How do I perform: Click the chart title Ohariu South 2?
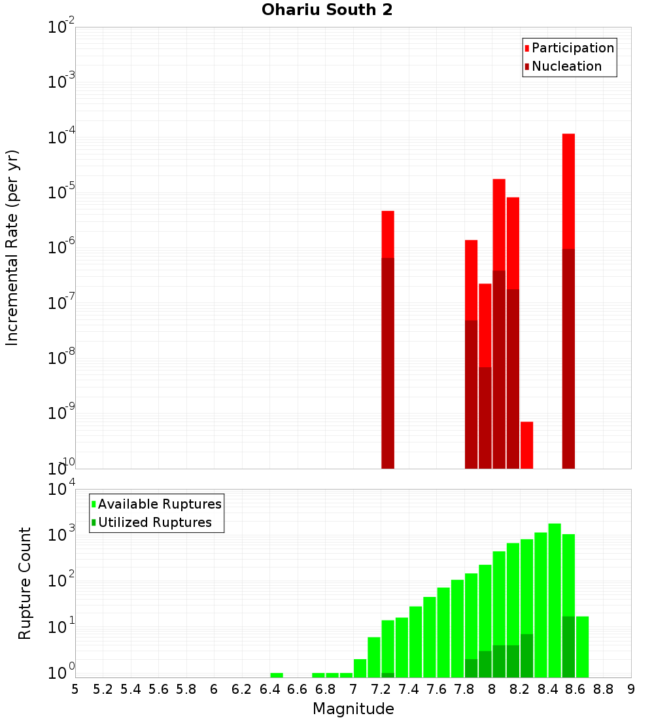coord(327,10)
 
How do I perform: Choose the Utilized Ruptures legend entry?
coord(154,522)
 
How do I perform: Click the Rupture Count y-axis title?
coord(25,583)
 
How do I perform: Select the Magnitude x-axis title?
coord(353,709)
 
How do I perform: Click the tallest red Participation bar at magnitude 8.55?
coord(568,190)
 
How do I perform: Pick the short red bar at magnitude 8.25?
coord(526,445)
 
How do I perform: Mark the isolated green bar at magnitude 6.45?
coord(277,675)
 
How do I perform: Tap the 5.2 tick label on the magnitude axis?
coord(103,689)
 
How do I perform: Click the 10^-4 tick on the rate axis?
coord(61,137)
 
